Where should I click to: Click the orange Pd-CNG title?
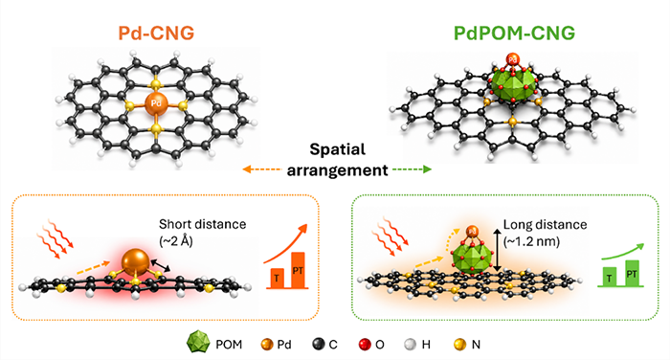(156, 34)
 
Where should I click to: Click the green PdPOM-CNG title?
(515, 34)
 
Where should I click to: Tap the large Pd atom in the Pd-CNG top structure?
(156, 103)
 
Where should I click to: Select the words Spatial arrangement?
(338, 160)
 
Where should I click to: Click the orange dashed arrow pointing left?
(261, 169)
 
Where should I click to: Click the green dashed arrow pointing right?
(412, 169)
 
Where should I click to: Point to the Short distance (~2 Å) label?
(203, 233)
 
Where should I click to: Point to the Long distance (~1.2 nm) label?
(545, 233)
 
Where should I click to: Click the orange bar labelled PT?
(298, 270)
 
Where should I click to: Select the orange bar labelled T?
(277, 278)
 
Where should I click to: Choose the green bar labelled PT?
(632, 273)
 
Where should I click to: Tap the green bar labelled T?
(610, 276)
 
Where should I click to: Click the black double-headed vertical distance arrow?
(497, 250)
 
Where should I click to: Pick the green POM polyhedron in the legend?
(198, 343)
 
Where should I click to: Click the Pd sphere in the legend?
(267, 344)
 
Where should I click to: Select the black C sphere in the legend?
(319, 344)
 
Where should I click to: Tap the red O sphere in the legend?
(365, 344)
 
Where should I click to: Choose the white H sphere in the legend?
(411, 344)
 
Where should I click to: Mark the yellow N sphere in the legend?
(459, 344)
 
